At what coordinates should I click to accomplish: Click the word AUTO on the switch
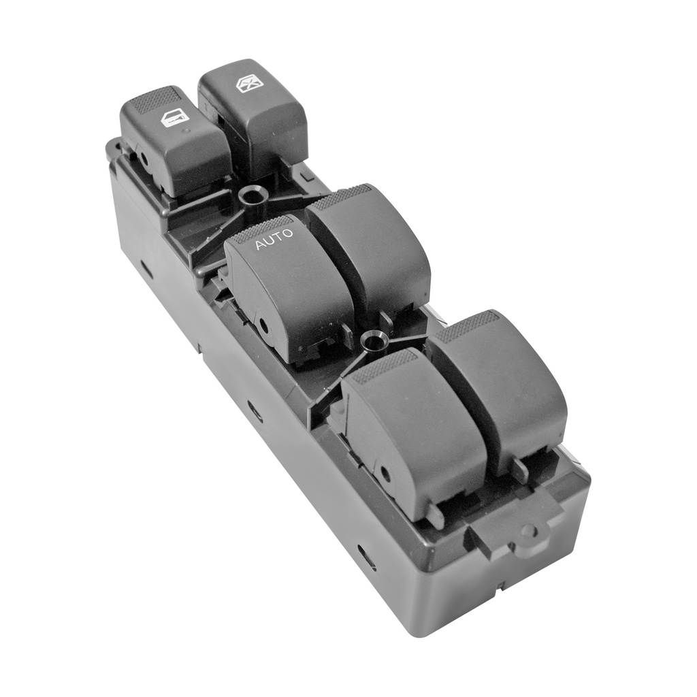click(x=274, y=239)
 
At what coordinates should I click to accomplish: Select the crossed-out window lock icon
click(x=246, y=84)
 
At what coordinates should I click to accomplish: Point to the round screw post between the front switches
click(x=373, y=338)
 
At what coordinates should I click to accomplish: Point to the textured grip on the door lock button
click(x=155, y=100)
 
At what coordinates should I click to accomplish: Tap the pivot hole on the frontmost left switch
click(x=385, y=474)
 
